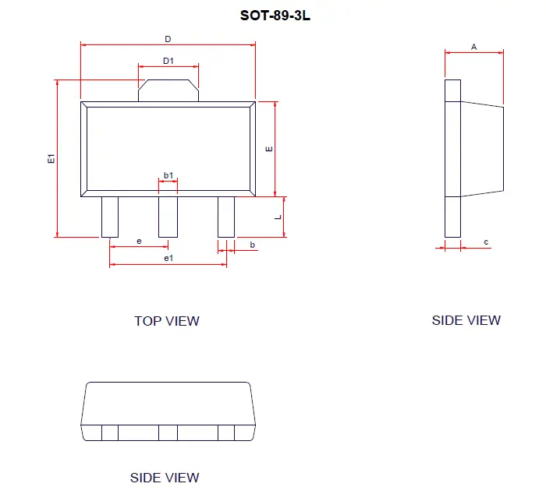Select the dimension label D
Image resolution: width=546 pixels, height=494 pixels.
(168, 39)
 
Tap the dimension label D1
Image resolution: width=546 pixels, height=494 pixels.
(168, 61)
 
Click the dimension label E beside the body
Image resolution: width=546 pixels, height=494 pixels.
(268, 149)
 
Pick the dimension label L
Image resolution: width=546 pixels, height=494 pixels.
(278, 217)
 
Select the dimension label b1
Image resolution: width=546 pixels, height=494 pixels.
(168, 176)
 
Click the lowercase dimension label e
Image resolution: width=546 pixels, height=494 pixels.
(139, 242)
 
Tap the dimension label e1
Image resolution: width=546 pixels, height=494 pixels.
(168, 258)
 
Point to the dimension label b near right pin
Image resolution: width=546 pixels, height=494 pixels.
(252, 245)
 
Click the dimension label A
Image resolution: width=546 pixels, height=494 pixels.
(473, 47)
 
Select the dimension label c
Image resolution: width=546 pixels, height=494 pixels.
(486, 242)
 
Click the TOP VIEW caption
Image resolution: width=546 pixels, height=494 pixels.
(166, 321)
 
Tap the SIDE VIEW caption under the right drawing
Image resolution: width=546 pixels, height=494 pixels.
(466, 320)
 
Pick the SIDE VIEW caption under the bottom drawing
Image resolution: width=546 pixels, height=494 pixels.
(165, 478)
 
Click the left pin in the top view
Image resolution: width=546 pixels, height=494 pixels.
(110, 217)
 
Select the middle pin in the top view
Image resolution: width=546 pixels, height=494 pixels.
(168, 217)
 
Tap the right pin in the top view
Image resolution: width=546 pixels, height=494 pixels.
(226, 217)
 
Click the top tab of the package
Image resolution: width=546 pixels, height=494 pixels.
(168, 90)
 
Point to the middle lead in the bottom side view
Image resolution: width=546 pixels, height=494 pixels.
(168, 432)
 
